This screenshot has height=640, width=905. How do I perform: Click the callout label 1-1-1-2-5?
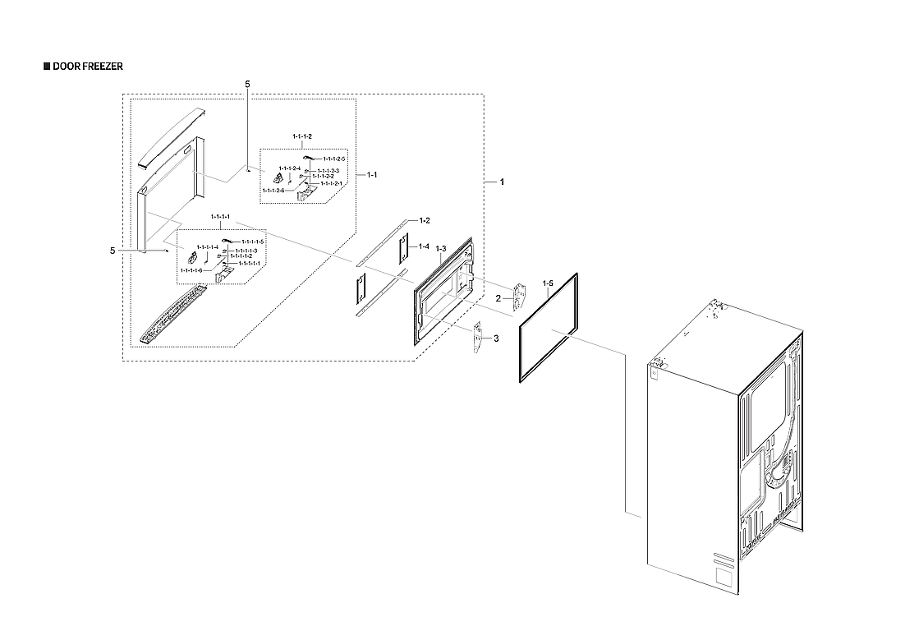pos(334,158)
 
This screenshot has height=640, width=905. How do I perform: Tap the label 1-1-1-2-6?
pos(273,191)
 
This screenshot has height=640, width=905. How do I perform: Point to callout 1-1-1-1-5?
pos(252,242)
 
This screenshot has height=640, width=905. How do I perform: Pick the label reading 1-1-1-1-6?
pos(191,269)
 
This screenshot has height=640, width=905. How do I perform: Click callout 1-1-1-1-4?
pos(208,246)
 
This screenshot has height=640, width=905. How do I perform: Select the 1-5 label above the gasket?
pos(548,283)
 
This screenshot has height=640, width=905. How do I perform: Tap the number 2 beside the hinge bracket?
pos(498,298)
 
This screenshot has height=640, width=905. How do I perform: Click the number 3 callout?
pos(494,338)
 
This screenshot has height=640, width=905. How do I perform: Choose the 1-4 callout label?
pos(424,246)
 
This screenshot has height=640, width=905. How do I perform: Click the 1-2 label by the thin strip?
pos(425,221)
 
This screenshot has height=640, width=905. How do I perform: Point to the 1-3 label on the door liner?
pos(440,249)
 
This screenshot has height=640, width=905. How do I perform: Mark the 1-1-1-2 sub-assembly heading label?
pos(302,135)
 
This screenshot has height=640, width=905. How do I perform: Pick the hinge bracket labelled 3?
pos(478,338)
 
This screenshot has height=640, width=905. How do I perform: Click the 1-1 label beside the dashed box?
pos(372,175)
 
